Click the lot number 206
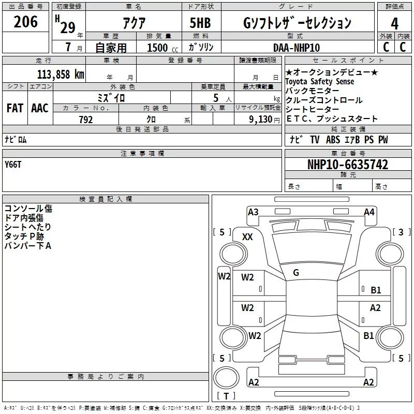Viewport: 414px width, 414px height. click(26, 22)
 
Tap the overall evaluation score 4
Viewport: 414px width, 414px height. click(395, 23)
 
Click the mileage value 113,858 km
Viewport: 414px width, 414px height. click(61, 74)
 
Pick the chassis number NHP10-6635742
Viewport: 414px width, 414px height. click(347, 165)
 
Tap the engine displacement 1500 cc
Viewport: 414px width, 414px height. click(161, 48)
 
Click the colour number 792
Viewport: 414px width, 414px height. click(85, 120)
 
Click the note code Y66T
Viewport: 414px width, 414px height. click(13, 164)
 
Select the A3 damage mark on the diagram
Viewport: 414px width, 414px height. click(253, 212)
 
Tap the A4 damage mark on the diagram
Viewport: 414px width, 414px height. click(369, 212)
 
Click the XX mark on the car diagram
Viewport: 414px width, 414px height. click(248, 236)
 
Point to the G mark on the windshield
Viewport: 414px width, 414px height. click(296, 272)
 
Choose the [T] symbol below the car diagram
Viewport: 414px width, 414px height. click(226, 396)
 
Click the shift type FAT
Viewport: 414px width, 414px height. click(14, 108)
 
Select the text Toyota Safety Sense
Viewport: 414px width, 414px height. click(320, 81)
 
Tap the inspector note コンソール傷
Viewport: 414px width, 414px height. click(28, 208)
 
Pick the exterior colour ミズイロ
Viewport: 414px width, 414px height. click(111, 97)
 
